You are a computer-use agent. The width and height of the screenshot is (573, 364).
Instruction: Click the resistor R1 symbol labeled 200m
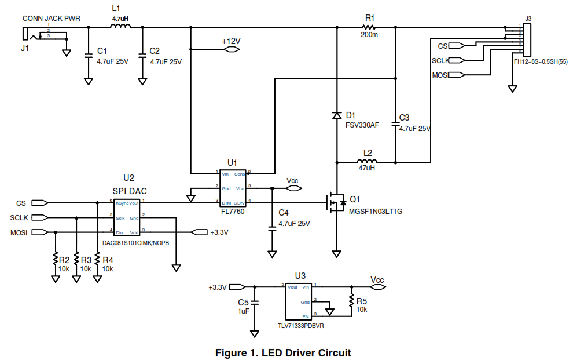tap(369, 27)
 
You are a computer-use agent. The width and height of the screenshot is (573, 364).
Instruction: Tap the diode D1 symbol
tap(337, 115)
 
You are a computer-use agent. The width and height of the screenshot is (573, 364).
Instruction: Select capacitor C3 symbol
tap(395, 123)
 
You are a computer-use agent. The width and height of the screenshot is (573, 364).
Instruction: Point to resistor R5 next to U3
tap(351, 301)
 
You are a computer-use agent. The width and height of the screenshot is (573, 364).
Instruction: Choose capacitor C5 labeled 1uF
tap(255, 303)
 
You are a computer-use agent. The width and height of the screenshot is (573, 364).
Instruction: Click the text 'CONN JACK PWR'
tap(51, 19)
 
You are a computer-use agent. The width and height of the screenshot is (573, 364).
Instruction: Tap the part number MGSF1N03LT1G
tap(375, 212)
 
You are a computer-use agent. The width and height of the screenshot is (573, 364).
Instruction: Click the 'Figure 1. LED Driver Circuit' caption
tap(283, 352)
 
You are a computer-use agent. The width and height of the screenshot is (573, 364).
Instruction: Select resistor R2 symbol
tap(56, 259)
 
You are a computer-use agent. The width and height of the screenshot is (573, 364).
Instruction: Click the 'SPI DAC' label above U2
tap(129, 191)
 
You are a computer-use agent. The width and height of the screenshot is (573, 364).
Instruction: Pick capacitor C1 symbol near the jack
tap(88, 56)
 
